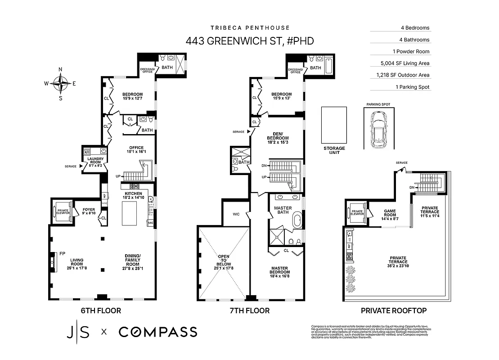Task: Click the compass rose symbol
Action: [x=60, y=83]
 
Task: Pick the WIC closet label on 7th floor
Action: [x=236, y=214]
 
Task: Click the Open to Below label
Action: [x=224, y=262]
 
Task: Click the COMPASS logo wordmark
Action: [x=157, y=332]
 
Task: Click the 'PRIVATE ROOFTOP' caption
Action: [x=394, y=310]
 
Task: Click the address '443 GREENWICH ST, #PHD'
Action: [x=250, y=41]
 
